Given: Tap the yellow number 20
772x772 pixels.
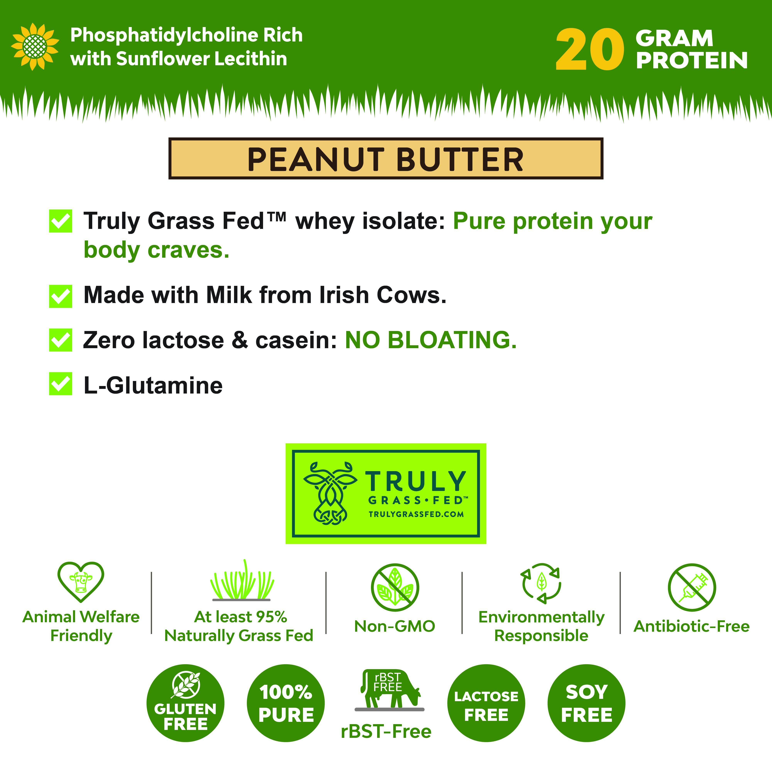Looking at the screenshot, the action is pyautogui.click(x=590, y=50).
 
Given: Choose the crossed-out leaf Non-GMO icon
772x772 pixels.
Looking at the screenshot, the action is pyautogui.click(x=395, y=587).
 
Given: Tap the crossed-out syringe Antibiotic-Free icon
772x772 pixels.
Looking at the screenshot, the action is pyautogui.click(x=692, y=587).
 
